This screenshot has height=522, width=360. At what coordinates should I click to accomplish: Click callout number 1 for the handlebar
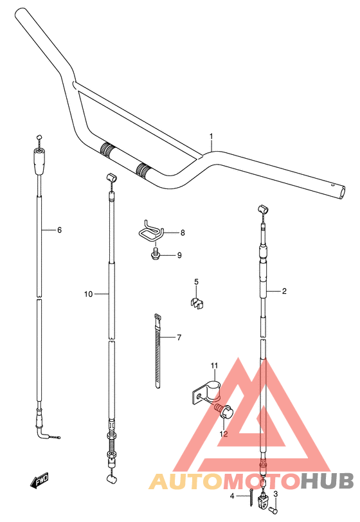(x=211, y=136)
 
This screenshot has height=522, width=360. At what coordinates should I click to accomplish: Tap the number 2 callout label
(x=284, y=291)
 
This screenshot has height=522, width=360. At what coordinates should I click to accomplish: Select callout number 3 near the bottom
(x=275, y=494)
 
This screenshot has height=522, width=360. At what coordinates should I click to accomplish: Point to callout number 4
(x=232, y=496)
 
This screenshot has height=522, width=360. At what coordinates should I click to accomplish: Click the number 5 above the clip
(x=197, y=282)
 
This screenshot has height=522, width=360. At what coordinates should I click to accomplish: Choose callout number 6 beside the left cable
(x=59, y=230)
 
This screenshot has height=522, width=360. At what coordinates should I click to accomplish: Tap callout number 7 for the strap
(x=179, y=337)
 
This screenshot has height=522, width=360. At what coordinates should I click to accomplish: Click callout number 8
(x=183, y=233)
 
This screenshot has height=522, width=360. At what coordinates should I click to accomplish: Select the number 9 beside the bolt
(x=179, y=255)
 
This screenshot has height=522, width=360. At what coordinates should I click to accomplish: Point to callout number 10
(x=88, y=294)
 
